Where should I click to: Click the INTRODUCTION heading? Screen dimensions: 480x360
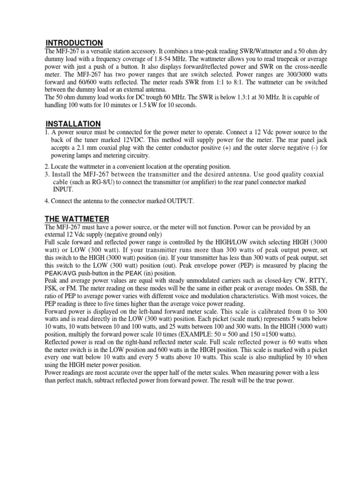[x=74, y=43]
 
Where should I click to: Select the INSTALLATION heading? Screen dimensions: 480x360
[x=73, y=124]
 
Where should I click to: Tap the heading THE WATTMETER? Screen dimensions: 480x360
[x=77, y=219]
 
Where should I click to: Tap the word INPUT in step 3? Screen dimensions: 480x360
[x=63, y=189]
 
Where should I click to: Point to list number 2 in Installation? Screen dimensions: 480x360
[x=47, y=166]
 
